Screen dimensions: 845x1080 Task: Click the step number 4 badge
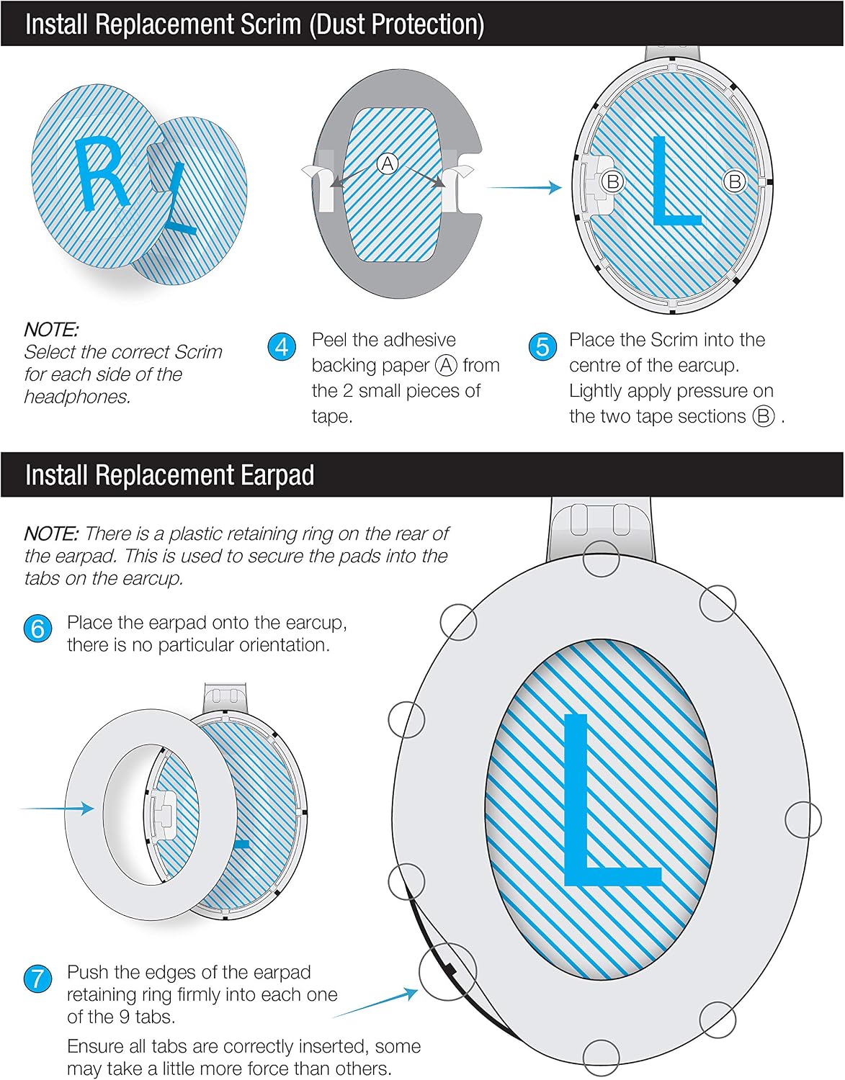tap(282, 346)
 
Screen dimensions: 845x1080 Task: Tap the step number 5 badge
tap(542, 346)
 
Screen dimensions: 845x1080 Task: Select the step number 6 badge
tap(37, 629)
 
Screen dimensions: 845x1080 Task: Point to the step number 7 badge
tap(37, 978)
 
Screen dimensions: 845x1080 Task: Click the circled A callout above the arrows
tap(388, 163)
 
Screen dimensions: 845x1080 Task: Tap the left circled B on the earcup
tap(613, 182)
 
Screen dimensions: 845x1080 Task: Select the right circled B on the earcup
tap(735, 182)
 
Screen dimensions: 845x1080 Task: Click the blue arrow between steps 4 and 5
tap(524, 187)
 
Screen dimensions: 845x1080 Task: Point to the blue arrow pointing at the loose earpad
tap(57, 809)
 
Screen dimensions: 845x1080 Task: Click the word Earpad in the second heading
tap(277, 475)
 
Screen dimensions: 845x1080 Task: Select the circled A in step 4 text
tap(446, 365)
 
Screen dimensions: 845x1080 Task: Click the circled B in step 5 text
tap(764, 416)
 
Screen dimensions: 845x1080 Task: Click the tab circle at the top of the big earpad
tap(601, 558)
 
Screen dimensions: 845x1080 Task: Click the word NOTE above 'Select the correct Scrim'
tap(51, 330)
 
